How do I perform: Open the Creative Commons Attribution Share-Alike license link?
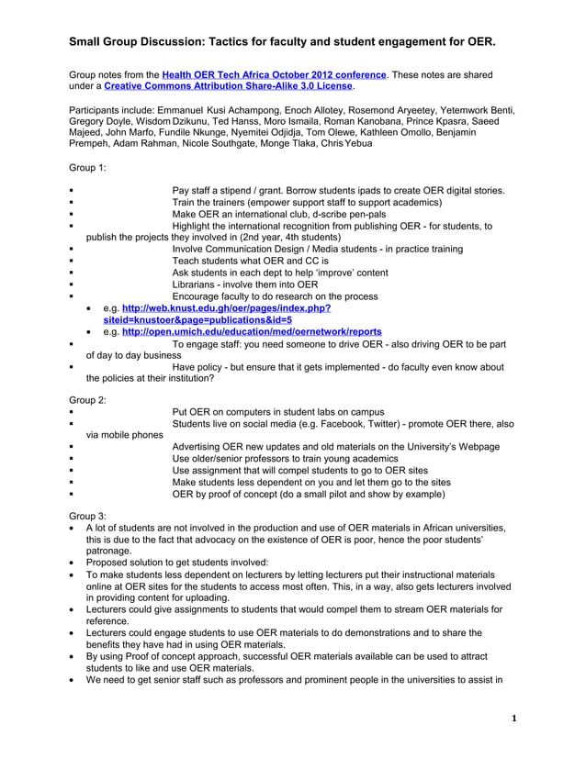click(x=229, y=86)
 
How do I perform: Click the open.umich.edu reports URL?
click(x=252, y=331)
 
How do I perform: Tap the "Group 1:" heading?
click(x=88, y=169)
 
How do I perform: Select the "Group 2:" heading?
click(x=88, y=400)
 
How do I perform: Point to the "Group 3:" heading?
click(x=88, y=516)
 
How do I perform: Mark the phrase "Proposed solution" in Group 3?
click(x=125, y=563)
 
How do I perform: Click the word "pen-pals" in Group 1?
click(x=366, y=214)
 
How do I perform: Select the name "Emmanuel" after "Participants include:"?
click(x=175, y=110)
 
